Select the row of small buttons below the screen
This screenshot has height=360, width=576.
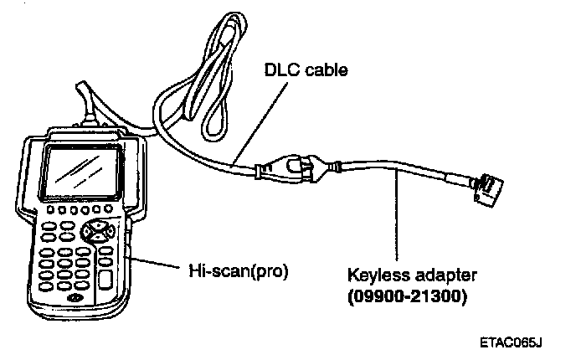click(80, 209)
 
